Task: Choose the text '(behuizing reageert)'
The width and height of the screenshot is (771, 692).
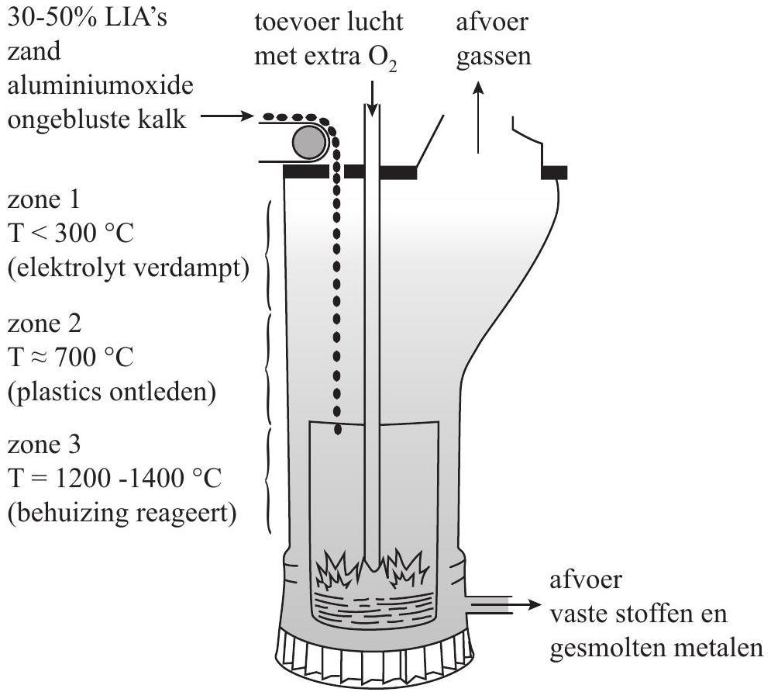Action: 122,514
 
